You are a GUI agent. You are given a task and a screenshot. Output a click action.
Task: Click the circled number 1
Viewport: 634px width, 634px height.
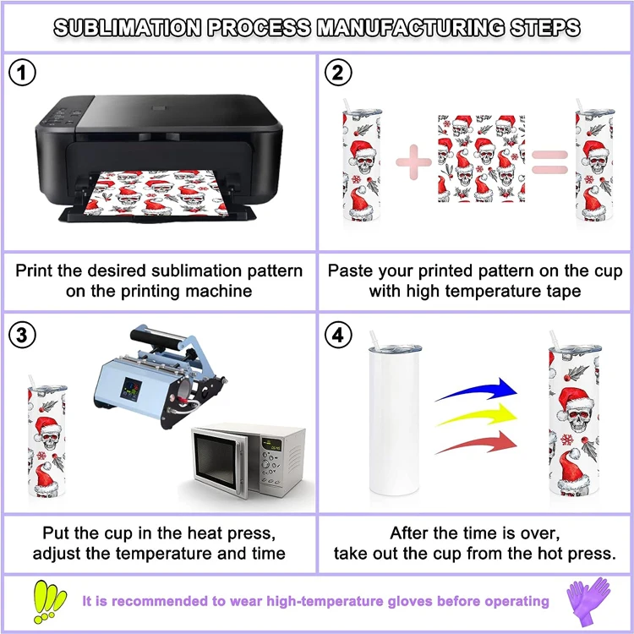coord(23,74)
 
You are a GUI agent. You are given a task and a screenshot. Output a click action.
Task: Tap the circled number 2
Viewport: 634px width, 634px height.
coord(338,74)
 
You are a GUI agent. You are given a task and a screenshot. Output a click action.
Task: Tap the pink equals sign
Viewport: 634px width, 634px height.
coord(549,162)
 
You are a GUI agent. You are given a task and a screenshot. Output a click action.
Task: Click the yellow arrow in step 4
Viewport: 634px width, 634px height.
coord(478,417)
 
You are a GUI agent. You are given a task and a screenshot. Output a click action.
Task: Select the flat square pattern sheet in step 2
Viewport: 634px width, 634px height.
coord(476,159)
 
